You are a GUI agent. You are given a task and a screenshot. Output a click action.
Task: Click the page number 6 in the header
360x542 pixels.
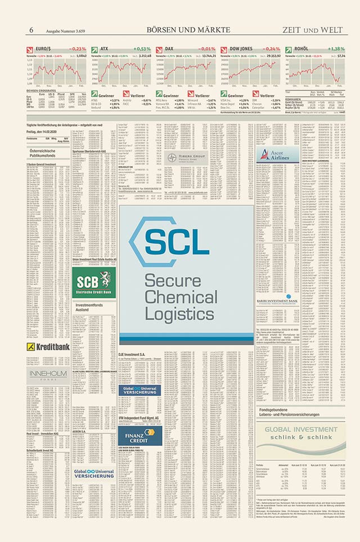[x=31, y=29]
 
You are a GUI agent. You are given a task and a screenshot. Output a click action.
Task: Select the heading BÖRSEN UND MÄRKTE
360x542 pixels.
[x=188, y=29]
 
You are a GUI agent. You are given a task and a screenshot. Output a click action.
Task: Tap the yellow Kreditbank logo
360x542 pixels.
[x=49, y=347]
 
